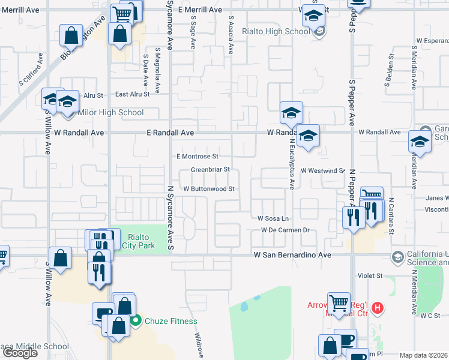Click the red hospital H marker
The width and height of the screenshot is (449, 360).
(378, 309)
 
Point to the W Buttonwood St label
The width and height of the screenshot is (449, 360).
(208, 188)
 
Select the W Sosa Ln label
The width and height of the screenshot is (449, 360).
(273, 218)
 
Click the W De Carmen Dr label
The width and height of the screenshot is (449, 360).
(285, 230)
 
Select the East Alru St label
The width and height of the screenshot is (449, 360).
(132, 94)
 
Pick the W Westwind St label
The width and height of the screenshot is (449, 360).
(323, 170)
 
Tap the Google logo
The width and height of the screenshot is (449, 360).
(20, 353)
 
